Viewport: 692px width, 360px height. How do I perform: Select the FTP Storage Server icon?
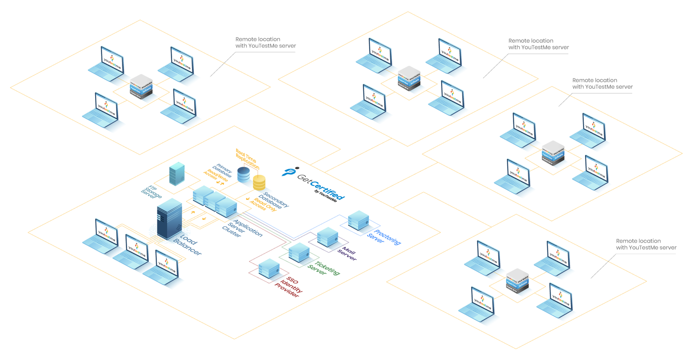click(x=177, y=173)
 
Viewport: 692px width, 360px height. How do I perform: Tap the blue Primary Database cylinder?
click(x=243, y=174)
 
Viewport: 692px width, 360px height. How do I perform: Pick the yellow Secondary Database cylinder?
click(x=259, y=183)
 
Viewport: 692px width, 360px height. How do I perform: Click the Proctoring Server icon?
click(x=358, y=220)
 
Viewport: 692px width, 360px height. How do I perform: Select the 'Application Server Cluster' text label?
click(x=242, y=228)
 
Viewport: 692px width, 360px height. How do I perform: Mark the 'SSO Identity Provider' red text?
click(x=288, y=286)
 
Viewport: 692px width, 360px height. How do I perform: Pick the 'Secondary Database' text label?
click(x=274, y=200)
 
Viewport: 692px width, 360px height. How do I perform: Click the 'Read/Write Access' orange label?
click(x=215, y=176)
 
